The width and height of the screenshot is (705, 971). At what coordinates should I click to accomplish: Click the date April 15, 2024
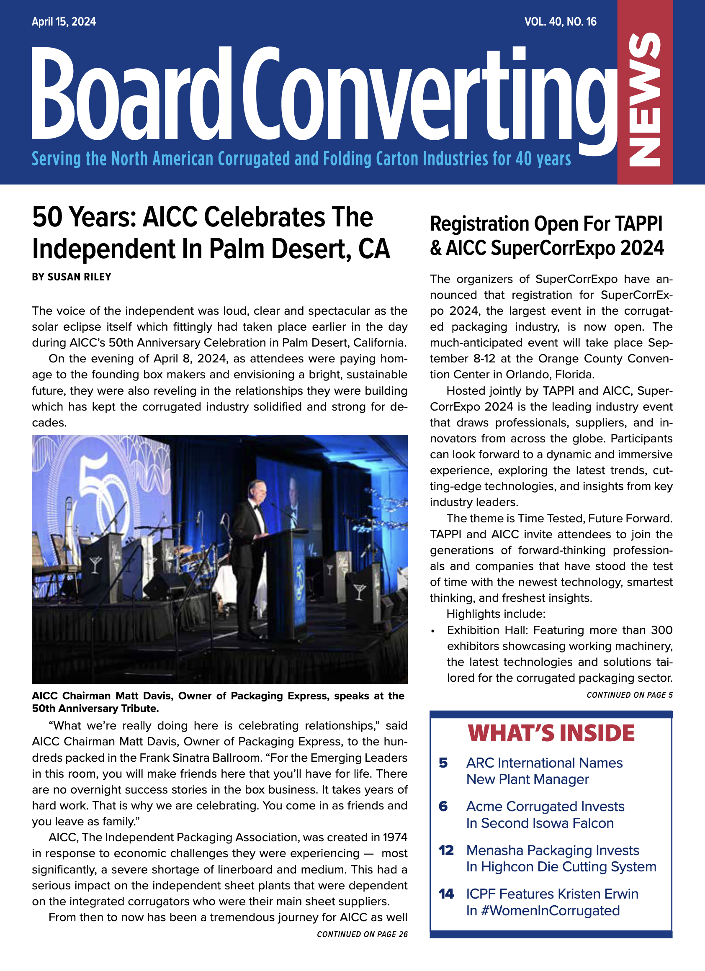coord(64,22)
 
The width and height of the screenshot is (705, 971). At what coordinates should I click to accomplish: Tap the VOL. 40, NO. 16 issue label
coord(560,22)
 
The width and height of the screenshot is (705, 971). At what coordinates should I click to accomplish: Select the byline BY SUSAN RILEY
coord(72,277)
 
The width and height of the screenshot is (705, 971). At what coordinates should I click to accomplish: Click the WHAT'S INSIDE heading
coord(551,733)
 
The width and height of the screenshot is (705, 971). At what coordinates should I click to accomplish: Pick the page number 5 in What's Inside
coord(443,763)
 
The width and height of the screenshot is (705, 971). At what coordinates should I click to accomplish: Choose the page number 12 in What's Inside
coord(446,850)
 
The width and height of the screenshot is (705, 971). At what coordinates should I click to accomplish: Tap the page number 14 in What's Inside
coord(446,894)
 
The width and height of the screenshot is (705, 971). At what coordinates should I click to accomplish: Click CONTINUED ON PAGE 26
coord(362,934)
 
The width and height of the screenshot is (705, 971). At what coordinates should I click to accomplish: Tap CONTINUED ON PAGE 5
coord(629,695)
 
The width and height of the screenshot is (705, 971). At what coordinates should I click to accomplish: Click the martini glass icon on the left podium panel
coord(95,564)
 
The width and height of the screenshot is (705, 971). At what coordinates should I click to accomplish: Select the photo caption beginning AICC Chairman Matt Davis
coord(218,702)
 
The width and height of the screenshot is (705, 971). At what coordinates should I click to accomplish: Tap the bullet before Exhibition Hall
coord(433,631)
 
